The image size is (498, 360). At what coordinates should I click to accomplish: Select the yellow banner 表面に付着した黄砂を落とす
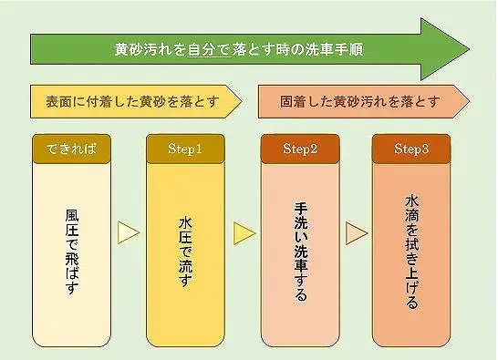click(x=131, y=99)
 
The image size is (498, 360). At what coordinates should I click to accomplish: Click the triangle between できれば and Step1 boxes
click(x=129, y=232)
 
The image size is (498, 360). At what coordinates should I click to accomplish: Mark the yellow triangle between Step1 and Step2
click(x=244, y=233)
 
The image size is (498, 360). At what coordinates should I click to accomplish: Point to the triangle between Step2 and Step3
click(x=356, y=233)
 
